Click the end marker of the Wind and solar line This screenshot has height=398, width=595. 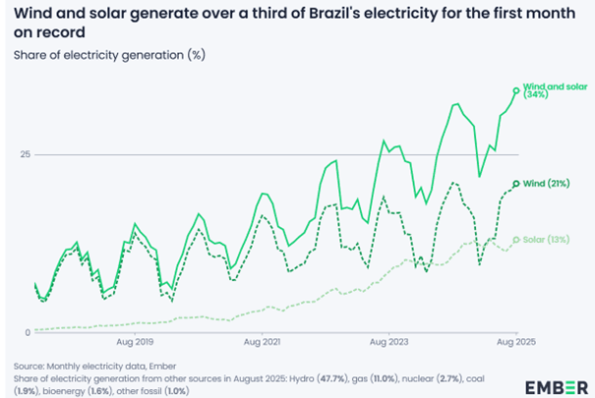518,90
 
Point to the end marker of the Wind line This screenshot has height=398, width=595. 518,185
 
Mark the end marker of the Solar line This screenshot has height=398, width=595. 518,240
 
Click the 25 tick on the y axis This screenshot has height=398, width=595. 26,154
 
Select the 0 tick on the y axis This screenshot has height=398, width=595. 29,332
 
